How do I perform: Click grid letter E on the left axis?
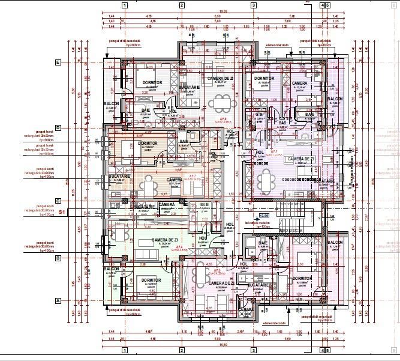(58, 62)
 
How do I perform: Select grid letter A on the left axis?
(58, 300)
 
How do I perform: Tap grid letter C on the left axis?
(58, 201)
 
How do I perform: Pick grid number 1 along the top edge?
(124, 5)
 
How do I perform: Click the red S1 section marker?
(62, 212)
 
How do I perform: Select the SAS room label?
(282, 123)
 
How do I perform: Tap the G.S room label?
(260, 114)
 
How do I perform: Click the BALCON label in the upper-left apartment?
(111, 103)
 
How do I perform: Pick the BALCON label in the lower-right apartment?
(335, 242)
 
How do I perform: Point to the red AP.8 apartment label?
(222, 119)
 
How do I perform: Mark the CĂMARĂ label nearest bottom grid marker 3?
(246, 309)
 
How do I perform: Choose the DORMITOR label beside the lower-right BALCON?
(302, 279)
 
